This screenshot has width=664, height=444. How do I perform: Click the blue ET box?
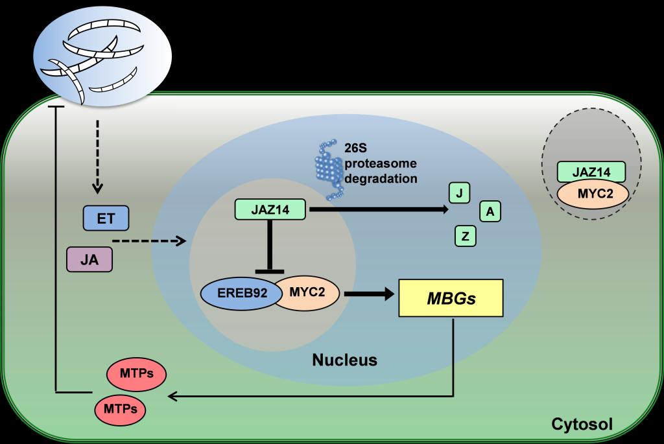click(106, 218)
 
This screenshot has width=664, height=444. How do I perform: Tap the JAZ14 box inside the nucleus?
click(270, 209)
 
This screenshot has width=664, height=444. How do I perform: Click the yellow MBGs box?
click(451, 298)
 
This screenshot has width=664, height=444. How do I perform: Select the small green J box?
click(460, 193)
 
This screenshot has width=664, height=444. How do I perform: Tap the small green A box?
click(490, 211)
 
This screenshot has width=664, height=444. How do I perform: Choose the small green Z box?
click(465, 236)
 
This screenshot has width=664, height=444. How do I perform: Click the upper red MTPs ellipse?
click(136, 374)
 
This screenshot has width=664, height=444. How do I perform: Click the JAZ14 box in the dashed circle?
click(591, 172)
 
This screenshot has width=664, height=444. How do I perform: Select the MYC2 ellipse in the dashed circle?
click(591, 194)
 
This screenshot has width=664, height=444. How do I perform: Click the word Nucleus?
click(344, 360)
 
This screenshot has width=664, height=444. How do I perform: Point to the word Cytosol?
click(581, 425)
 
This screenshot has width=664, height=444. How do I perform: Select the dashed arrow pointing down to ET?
click(97, 156)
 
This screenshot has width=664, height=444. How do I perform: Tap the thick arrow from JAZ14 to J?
click(379, 209)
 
